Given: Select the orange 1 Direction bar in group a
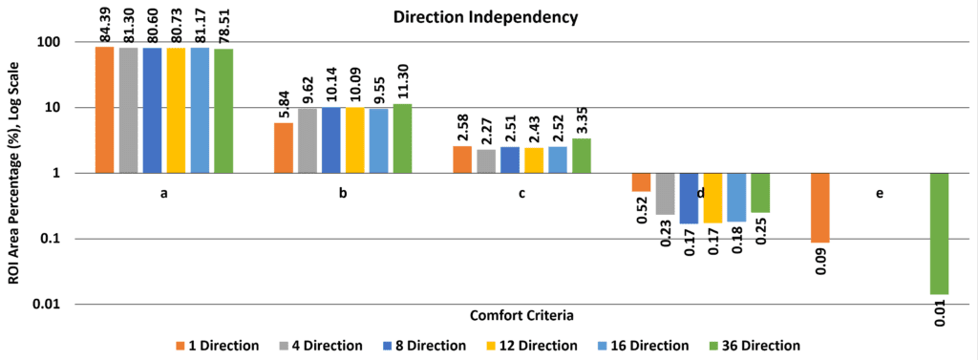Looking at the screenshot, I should point(104,110).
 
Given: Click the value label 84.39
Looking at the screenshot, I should point(105,25).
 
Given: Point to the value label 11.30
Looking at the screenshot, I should point(402,83).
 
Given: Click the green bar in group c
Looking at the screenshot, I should point(581,156).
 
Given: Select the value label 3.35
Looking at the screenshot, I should point(581,120).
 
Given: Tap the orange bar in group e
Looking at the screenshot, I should point(820,208).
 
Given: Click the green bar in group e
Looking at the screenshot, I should point(940,233).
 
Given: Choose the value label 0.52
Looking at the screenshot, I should point(641,210).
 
